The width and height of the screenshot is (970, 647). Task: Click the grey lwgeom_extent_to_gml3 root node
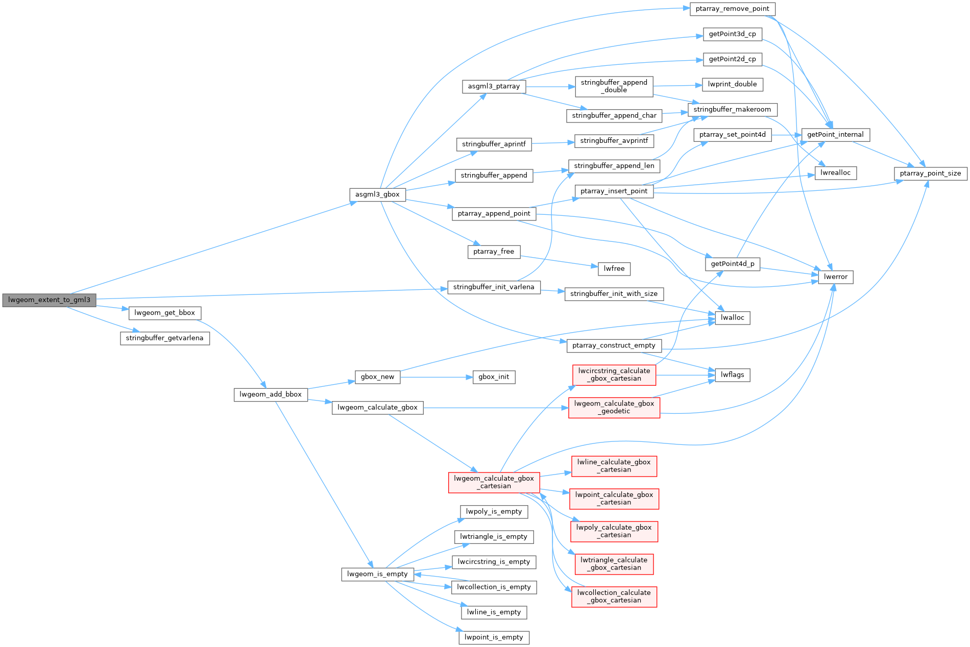49,300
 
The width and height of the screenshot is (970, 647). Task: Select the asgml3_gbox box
377,194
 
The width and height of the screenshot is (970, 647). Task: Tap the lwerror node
835,277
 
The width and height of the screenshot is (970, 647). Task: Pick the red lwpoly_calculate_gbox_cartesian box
614,531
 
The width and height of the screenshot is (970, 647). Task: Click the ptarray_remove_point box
732,9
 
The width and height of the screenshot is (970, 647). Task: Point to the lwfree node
614,269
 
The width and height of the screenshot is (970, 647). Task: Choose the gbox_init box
494,377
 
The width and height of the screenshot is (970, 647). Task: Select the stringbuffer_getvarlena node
164,338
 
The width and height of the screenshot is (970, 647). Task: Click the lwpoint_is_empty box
494,637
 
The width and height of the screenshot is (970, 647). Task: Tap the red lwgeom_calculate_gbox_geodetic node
614,407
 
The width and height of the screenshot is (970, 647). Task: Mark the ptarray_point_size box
930,173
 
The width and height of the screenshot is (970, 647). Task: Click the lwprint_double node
732,84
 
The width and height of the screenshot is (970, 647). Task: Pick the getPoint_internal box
835,135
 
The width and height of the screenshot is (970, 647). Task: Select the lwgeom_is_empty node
377,574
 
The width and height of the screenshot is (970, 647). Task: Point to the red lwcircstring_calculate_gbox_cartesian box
614,375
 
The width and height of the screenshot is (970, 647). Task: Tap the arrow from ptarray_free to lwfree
559,261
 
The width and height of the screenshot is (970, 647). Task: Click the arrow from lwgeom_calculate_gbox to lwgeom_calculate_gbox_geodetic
495,408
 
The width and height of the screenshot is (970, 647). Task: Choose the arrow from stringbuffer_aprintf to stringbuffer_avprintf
552,143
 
